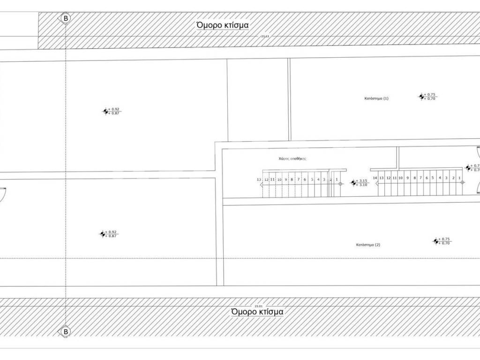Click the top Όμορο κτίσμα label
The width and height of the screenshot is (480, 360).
point(222,25)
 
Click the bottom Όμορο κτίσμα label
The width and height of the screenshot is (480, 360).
point(257,312)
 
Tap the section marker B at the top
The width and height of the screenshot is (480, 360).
point(66,18)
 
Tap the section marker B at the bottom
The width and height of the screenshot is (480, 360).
point(66,332)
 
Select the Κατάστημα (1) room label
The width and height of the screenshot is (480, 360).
point(376,98)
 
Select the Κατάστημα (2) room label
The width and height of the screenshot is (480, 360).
point(368,245)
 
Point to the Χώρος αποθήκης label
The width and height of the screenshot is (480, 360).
point(292,159)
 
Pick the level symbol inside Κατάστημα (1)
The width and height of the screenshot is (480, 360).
point(421,97)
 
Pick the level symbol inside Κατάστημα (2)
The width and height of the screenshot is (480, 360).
point(435,241)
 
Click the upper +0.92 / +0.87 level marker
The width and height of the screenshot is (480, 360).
point(105,111)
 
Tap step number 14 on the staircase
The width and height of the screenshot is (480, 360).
point(375,178)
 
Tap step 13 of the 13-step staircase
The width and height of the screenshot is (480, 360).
point(259,180)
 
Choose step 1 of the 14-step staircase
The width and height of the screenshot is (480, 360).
point(460,178)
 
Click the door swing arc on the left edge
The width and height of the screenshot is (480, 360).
point(3,194)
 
